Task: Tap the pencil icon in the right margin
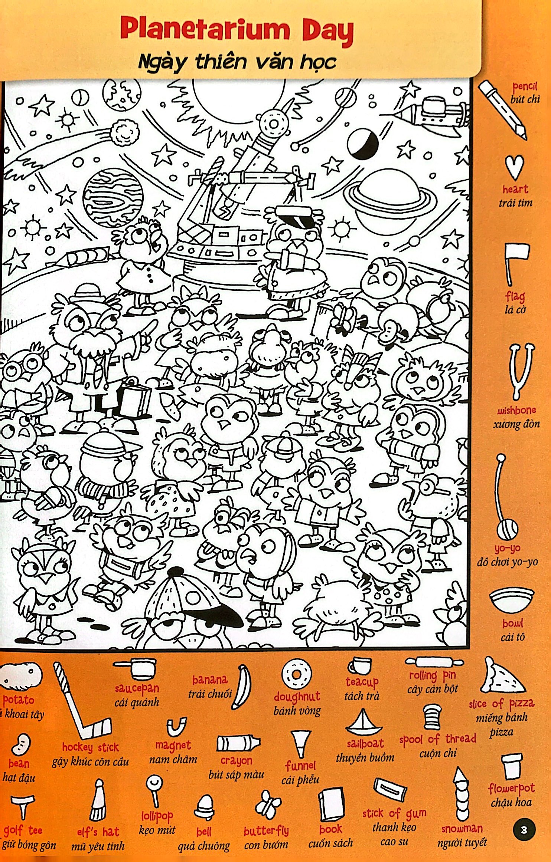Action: coord(502,110)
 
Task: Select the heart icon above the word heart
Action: coord(514,168)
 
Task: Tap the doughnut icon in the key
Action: coord(296,674)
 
